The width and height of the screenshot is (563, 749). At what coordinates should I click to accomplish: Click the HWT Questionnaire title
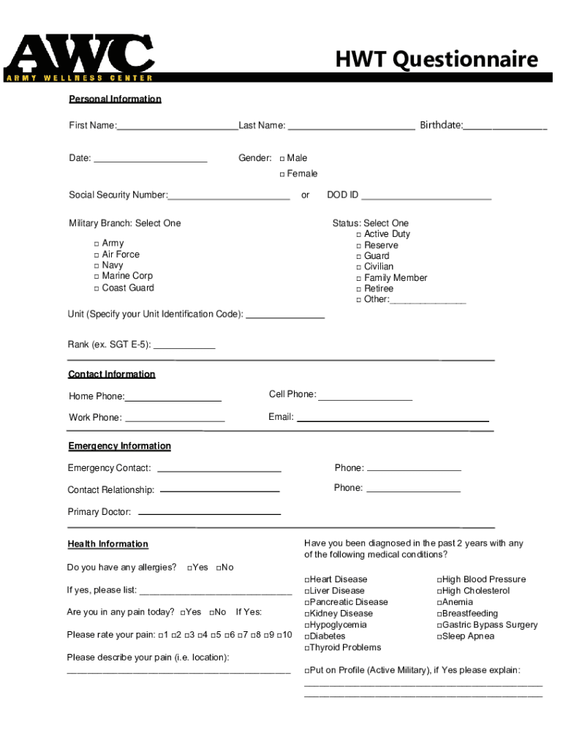pos(437,59)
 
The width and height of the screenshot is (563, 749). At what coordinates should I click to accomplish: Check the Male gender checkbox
pos(282,159)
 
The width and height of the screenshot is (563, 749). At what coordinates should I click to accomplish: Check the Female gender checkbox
pos(282,174)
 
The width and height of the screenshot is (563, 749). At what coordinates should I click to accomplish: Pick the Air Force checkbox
pos(97,255)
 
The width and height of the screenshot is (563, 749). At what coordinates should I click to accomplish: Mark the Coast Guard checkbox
pos(97,288)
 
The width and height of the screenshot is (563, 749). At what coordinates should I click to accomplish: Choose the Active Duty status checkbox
pos(359,235)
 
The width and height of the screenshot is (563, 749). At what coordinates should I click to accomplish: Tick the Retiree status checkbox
pos(359,289)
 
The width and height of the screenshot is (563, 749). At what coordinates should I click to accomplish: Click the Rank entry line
pos(184,346)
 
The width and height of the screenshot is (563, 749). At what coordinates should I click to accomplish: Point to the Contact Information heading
pos(112,374)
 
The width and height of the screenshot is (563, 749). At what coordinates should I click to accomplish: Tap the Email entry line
pos(393,419)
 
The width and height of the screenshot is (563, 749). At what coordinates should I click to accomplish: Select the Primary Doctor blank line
pos(209,513)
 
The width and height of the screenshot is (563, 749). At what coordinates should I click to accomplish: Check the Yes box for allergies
pos(190,568)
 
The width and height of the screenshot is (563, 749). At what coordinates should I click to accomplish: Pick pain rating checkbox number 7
pos(241,635)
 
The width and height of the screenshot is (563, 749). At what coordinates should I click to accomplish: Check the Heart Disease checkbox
pos(307,580)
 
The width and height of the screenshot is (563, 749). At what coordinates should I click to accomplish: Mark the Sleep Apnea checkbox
pos(439,637)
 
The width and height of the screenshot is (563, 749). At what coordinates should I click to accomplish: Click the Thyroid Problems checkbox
pos(307,648)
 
